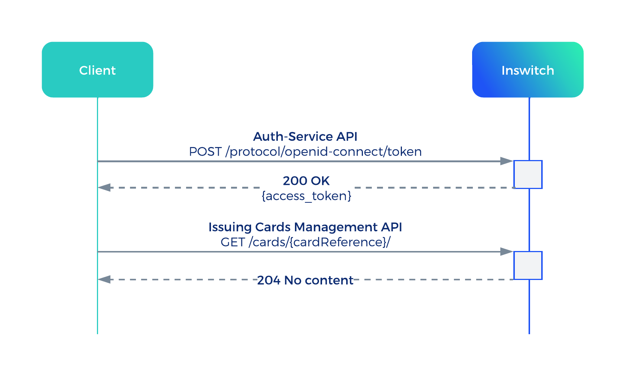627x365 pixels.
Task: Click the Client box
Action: pyautogui.click(x=97, y=70)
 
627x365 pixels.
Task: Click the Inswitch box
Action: pyautogui.click(x=527, y=70)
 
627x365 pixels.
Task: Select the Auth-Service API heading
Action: pyautogui.click(x=305, y=137)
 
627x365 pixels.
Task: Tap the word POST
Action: pyautogui.click(x=205, y=152)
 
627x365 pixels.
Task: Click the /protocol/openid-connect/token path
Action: pyautogui.click(x=323, y=152)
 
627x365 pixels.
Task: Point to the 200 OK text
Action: pyautogui.click(x=306, y=181)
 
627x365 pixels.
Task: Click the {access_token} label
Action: pyautogui.click(x=306, y=196)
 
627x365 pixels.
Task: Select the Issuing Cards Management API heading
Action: pyautogui.click(x=305, y=227)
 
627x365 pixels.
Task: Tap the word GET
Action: pyautogui.click(x=233, y=242)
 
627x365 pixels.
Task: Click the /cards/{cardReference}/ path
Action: pyautogui.click(x=319, y=242)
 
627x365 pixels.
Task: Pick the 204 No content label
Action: pyautogui.click(x=305, y=280)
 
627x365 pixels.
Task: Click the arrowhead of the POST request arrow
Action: pyautogui.click(x=507, y=161)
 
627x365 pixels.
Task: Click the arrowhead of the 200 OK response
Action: pyautogui.click(x=104, y=188)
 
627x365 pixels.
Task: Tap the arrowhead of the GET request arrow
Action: pyautogui.click(x=507, y=252)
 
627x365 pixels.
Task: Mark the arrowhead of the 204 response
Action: pyautogui.click(x=104, y=279)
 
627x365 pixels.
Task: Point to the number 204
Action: pyautogui.click(x=269, y=280)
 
